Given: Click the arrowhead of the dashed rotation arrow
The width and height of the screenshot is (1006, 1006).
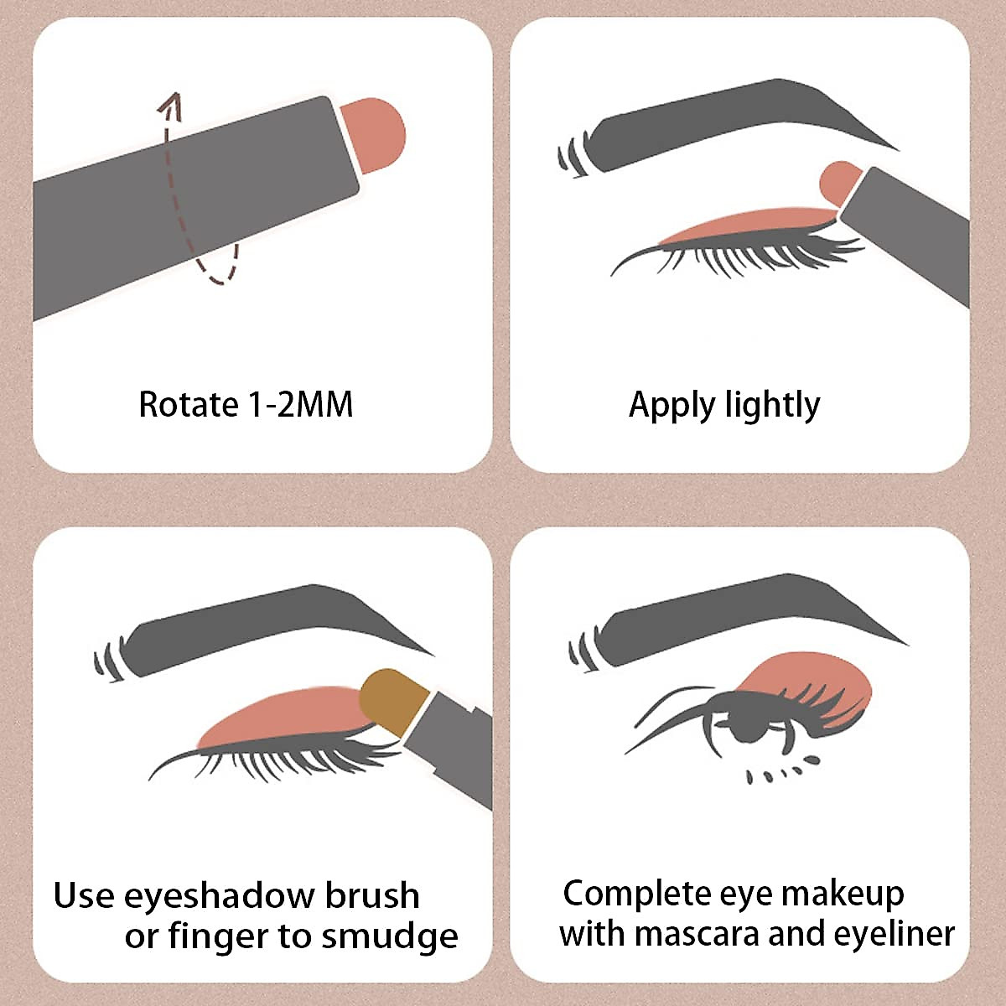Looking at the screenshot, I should tap(172, 102).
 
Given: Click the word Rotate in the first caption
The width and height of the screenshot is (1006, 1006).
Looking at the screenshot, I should tap(189, 404).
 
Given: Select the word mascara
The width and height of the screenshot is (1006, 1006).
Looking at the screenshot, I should tap(696, 933).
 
